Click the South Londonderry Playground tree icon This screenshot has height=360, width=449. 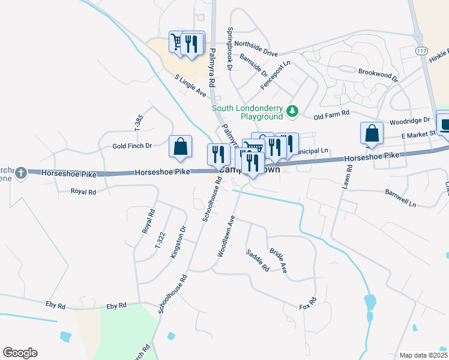tap(292, 111)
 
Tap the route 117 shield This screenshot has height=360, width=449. tap(421, 52)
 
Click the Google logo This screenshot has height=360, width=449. tap(20, 353)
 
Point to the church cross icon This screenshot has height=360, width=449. tap(22, 173)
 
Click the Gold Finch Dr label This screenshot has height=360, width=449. tap(132, 146)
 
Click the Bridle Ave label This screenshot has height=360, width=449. tap(279, 261)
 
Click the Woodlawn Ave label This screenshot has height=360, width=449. tap(226, 238)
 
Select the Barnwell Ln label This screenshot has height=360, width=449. tap(400, 197)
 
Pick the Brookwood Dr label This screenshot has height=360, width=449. tap(378, 74)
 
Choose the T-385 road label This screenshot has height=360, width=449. tap(137, 122)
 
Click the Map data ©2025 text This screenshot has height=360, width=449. tap(423, 355)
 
